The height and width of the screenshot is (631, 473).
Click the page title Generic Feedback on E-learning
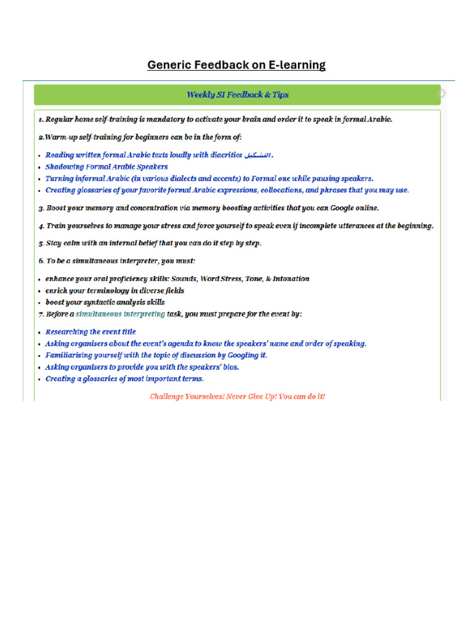click(x=236, y=65)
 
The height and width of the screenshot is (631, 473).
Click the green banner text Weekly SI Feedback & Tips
click(x=237, y=95)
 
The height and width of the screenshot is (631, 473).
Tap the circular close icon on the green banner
click(x=441, y=94)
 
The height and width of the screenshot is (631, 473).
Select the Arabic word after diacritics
click(x=257, y=155)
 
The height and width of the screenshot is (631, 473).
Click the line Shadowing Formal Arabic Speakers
click(x=107, y=167)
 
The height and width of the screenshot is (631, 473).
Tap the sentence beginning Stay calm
click(x=154, y=243)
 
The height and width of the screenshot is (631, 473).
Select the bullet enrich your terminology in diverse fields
click(x=115, y=291)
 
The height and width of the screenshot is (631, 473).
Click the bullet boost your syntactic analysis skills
click(x=105, y=303)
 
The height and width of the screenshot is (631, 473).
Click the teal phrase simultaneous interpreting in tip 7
click(x=120, y=314)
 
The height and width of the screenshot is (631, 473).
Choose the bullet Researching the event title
click(x=91, y=332)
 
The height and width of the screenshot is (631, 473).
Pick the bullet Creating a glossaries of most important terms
click(x=124, y=379)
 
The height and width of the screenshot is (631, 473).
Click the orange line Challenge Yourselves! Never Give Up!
click(x=237, y=396)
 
